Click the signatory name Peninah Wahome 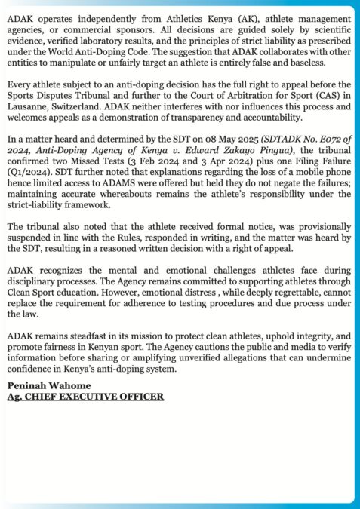47,385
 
